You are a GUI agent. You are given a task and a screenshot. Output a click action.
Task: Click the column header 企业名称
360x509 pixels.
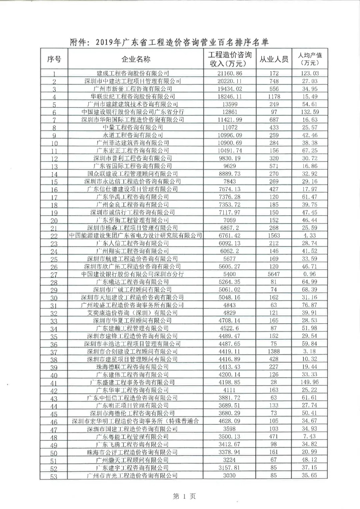coord(136,59)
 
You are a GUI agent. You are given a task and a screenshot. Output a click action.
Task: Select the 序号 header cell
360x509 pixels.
coord(54,59)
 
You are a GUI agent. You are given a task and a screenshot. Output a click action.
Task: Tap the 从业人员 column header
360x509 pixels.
coord(274,59)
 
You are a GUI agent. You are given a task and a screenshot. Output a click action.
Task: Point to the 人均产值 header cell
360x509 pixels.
coord(310,59)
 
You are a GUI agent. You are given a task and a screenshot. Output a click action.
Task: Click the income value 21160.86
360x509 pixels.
coord(230,73)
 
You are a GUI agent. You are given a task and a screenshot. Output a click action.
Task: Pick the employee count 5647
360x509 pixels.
coord(274,274)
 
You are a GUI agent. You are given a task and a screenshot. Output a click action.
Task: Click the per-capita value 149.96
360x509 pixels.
coord(310,382)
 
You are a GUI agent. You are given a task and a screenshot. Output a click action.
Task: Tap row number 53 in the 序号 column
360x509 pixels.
coord(54,476)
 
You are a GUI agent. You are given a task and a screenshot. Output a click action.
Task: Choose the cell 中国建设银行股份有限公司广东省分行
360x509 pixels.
coord(133,112)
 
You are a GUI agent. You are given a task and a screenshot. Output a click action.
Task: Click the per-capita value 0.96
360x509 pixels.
coord(310,274)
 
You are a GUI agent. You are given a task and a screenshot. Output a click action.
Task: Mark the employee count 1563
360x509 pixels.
coord(274,235)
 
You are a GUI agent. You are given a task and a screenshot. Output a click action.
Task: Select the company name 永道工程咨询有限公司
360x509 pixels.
coord(133,135)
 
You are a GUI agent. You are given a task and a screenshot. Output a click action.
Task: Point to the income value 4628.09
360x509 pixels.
coord(230,421)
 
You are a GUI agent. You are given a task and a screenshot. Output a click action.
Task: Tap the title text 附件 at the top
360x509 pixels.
coord(79,43)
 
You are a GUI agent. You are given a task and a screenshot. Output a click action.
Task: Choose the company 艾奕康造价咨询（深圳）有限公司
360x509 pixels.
coord(133,313)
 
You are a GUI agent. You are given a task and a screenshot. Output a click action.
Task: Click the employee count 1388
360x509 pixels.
coord(274,351)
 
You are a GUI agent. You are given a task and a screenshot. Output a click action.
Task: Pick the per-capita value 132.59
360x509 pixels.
coord(310,112)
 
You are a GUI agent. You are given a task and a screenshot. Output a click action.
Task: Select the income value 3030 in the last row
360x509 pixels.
coord(230,475)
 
